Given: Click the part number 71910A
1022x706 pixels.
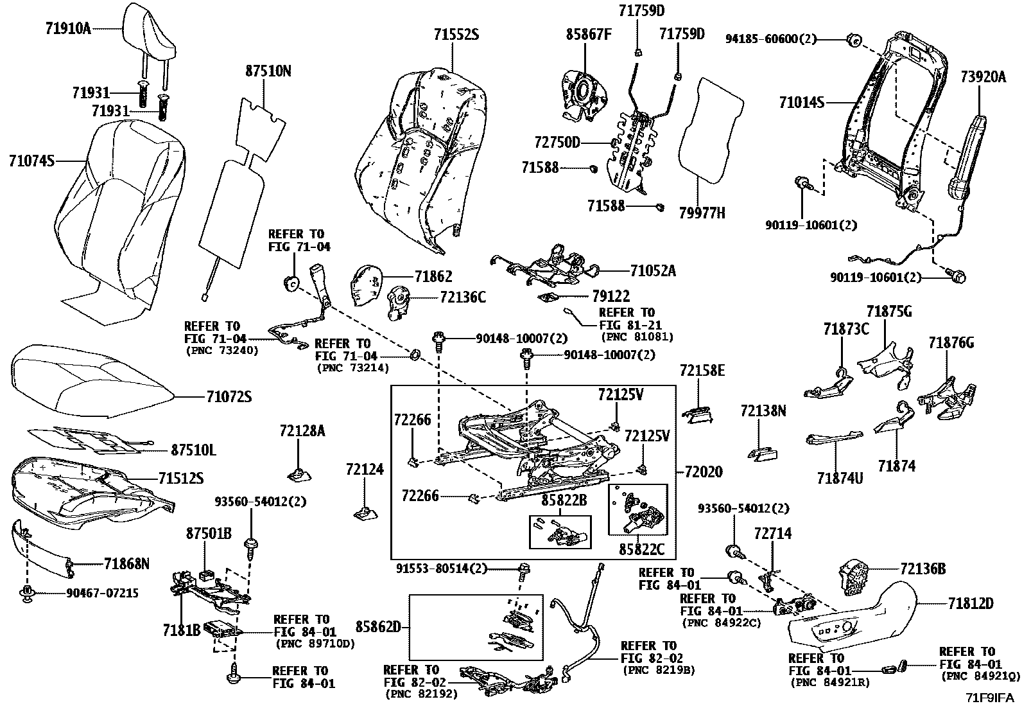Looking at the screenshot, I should [x=69, y=28].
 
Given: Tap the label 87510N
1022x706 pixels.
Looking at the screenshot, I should [x=268, y=71].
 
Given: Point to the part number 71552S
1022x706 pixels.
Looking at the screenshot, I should [x=455, y=35].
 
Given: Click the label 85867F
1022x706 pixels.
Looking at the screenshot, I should [x=587, y=34].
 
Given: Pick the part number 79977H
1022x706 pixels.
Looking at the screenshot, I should [x=702, y=213].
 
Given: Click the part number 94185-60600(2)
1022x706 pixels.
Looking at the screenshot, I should [x=770, y=39].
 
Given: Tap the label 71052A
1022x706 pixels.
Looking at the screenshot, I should [x=653, y=270].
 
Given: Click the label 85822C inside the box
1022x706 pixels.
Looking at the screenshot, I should [x=641, y=549].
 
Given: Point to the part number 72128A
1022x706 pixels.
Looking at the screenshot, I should [x=302, y=431].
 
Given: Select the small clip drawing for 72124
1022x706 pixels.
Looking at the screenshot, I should [x=365, y=514].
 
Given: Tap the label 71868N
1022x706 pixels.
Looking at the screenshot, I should [x=126, y=563].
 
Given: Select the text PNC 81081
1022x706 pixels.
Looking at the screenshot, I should [x=637, y=337].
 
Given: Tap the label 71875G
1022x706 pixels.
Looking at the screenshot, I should [x=888, y=312].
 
